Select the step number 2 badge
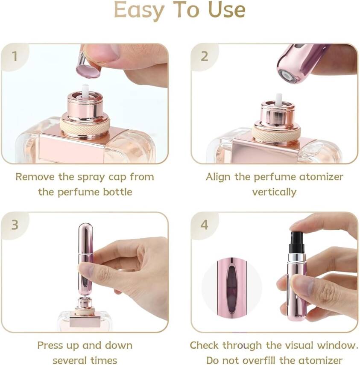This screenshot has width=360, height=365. (x=205, y=56)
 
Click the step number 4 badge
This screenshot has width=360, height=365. (x=205, y=225)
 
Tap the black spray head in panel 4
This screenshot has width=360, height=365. (x=296, y=242)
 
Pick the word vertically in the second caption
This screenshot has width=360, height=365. (x=274, y=192)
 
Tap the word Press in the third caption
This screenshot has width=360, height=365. (x=50, y=345)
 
